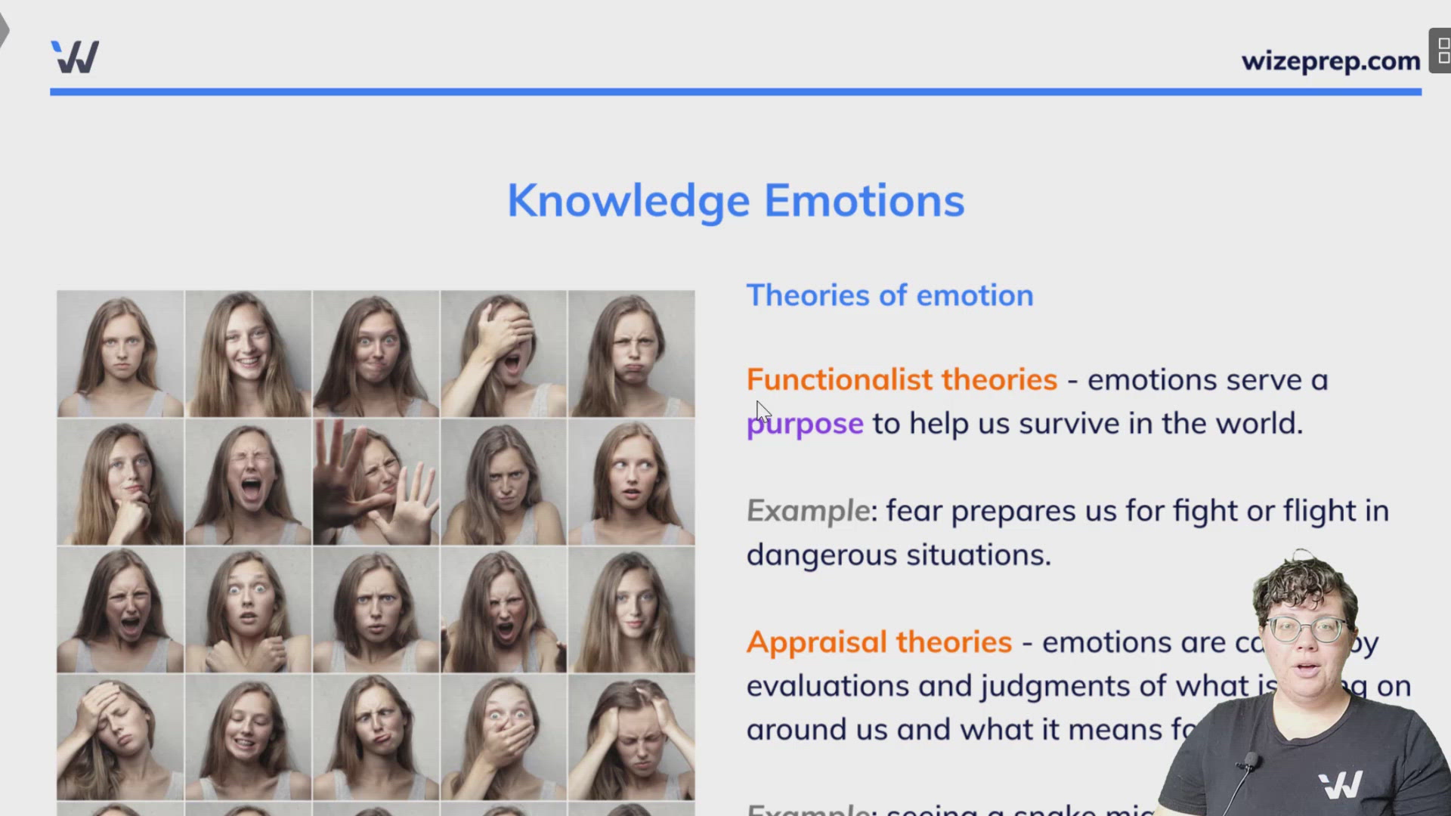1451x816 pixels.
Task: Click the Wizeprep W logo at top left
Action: [75, 57]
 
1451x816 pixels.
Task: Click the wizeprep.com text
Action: [1330, 60]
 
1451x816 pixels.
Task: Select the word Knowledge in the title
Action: [628, 201]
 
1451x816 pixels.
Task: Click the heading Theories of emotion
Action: [889, 295]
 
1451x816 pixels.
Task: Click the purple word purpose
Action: [805, 424]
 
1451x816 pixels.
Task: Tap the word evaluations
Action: [827, 686]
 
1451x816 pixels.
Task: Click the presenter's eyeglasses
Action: [1307, 629]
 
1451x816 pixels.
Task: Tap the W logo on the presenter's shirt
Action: [1341, 785]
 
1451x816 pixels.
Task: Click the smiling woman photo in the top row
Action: [248, 354]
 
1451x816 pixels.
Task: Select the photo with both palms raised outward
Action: [376, 481]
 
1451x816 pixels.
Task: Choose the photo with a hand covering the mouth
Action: [503, 737]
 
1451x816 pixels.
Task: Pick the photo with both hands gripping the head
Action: [631, 737]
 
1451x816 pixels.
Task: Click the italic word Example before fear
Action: [808, 512]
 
